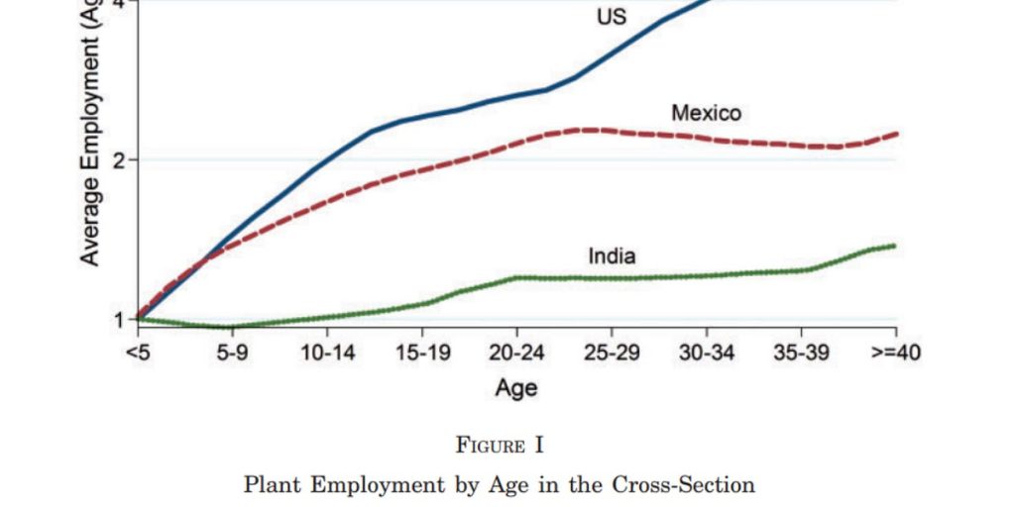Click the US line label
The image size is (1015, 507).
612,17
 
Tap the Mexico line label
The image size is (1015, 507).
706,113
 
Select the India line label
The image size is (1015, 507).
613,256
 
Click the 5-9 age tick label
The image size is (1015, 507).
232,354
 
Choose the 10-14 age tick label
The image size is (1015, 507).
327,354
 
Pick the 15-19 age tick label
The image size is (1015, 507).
422,354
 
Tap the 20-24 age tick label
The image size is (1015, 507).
516,354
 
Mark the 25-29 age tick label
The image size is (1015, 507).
612,354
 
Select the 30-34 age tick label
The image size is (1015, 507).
707,354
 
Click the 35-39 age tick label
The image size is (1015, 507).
801,354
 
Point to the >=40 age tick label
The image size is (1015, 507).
895,354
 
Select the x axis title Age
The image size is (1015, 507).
516,387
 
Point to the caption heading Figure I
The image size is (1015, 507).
500,446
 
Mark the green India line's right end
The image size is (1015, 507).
894,246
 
